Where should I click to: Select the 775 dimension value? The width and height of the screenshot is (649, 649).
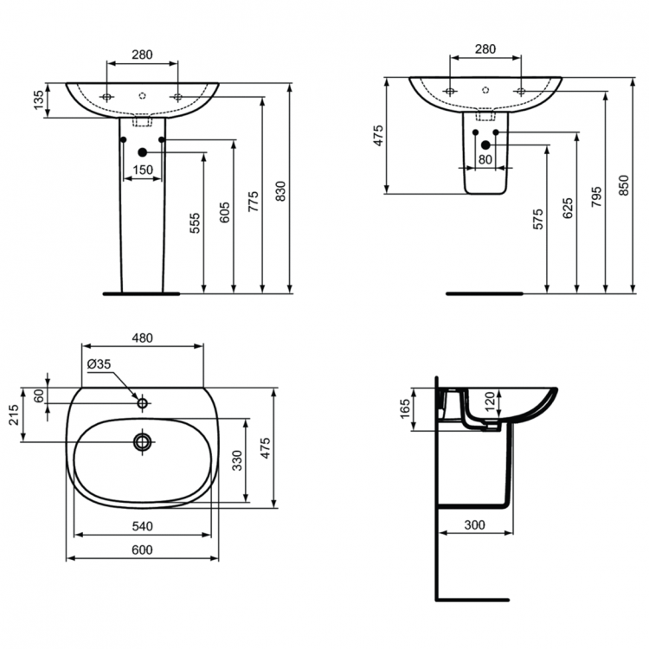253,201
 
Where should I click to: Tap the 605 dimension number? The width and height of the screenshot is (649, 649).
224,214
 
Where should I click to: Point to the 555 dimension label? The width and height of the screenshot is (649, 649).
195,223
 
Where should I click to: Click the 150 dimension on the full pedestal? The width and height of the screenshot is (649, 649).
143,170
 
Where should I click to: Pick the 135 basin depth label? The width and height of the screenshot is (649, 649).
38,100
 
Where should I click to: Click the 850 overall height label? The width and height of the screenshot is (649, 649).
624,187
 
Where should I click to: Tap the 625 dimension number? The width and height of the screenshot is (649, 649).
568,209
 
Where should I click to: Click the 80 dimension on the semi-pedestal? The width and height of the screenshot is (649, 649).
485,160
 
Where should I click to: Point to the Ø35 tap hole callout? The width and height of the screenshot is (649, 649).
99,364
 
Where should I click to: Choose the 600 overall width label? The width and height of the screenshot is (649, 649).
142,550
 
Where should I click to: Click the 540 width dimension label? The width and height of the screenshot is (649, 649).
142,525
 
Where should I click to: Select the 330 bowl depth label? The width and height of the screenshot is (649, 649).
237,459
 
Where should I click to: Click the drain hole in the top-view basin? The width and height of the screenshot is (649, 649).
142,442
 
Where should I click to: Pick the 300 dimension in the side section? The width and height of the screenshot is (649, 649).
475,525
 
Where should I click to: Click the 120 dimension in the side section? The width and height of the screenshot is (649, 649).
489,400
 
